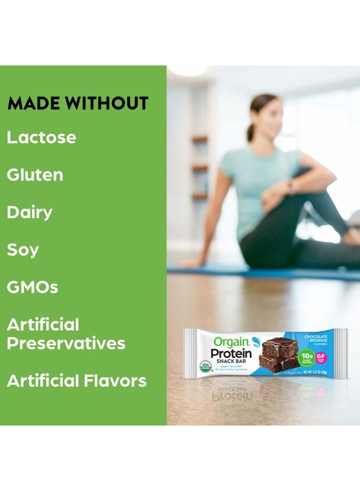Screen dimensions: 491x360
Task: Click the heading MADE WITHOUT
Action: tap(77, 104)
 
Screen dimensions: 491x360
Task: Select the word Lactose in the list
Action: tap(41, 137)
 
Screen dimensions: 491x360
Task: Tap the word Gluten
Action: tap(35, 175)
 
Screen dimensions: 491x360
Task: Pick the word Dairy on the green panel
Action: tap(29, 213)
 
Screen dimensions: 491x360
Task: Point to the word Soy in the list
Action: tap(23, 250)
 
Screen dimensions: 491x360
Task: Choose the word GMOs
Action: tap(32, 288)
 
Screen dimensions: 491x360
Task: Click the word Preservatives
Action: tap(66, 344)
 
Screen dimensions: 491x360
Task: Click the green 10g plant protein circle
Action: tap(307, 357)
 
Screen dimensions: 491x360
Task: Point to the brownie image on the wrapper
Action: tap(279, 355)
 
